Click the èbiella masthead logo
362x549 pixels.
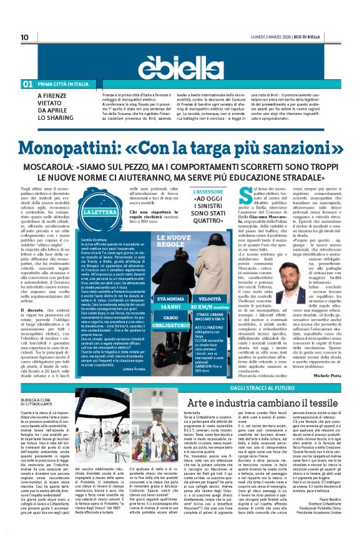[180, 64]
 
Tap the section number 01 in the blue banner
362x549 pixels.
[28, 84]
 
